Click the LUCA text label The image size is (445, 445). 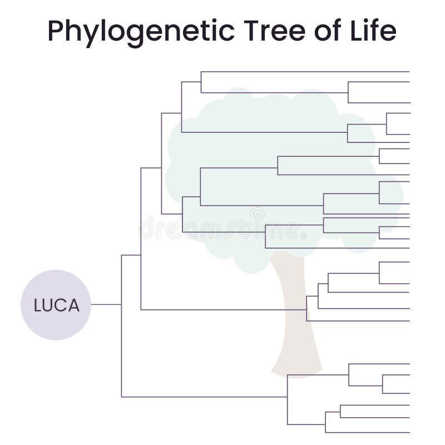pos(56,305)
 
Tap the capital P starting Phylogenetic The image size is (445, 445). pos(55,31)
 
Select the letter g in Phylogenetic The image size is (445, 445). pos(139,33)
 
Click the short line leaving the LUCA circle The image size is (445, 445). pos(106,304)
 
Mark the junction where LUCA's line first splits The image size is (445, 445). pos(121,304)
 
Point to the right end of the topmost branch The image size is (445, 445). pos(409,72)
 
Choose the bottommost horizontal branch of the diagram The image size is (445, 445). pos(367,432)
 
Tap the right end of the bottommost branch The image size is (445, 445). pos(409,432)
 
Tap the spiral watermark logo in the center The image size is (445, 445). pos(257,214)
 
